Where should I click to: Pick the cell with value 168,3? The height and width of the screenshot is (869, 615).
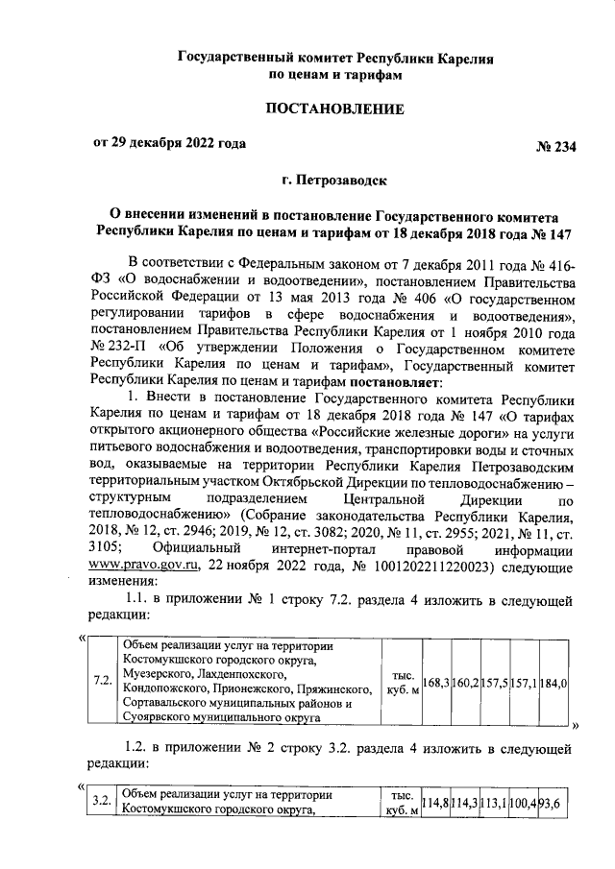click(x=435, y=682)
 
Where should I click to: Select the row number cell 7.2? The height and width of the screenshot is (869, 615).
click(x=99, y=682)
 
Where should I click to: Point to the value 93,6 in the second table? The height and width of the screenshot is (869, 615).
click(x=555, y=803)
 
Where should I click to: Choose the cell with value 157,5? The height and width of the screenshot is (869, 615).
click(x=495, y=682)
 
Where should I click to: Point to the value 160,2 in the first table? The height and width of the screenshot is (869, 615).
click(x=465, y=682)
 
